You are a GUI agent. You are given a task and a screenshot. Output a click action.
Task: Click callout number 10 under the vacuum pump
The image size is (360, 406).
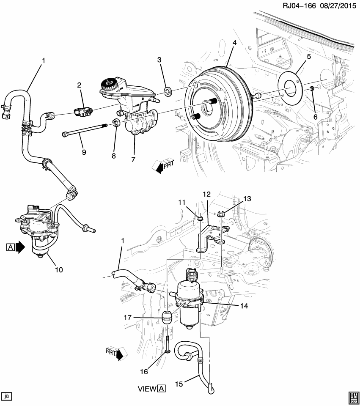[59, 269]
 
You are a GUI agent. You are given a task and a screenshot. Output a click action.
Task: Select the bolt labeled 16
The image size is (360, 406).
[168, 342]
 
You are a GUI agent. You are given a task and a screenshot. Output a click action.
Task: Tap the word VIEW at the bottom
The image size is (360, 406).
[147, 387]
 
